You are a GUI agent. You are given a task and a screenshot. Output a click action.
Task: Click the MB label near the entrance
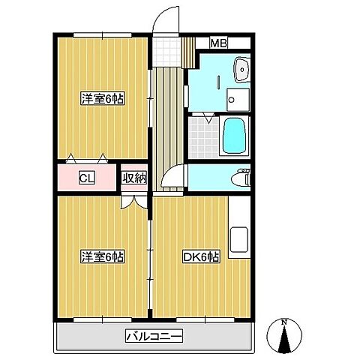point(219,43)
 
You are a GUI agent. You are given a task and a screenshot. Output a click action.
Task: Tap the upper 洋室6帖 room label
point(102,98)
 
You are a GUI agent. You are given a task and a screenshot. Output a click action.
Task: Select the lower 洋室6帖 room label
point(102,257)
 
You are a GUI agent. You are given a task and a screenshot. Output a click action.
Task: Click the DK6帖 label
point(201,257)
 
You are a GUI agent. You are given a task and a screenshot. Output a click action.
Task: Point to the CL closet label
point(86,178)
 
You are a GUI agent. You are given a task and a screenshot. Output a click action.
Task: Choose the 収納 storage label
point(134,178)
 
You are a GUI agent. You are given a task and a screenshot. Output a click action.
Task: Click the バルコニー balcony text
point(154,336)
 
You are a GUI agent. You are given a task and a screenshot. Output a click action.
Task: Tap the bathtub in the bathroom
point(235,136)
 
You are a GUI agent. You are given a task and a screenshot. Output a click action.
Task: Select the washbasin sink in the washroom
point(241,70)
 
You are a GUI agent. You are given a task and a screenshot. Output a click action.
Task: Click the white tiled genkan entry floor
point(171,51)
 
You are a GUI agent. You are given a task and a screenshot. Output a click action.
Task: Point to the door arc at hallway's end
point(173,179)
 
